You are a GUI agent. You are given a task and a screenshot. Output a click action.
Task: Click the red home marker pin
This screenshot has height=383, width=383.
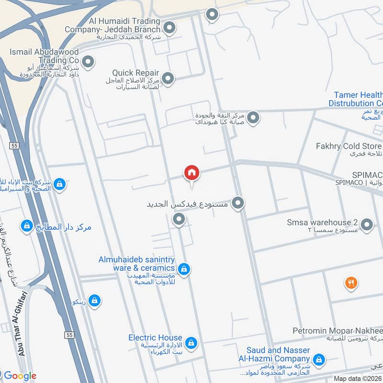191,173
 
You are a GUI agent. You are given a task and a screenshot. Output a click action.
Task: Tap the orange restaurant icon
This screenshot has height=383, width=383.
351,283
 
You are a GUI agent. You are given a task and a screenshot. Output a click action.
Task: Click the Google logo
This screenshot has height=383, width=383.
20,375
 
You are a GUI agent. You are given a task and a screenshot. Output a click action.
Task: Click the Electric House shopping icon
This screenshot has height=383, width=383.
191,343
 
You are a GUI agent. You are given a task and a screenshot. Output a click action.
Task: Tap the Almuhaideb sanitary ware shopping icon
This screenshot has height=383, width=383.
185,270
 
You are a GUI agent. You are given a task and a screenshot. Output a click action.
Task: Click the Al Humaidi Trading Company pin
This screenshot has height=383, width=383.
168,27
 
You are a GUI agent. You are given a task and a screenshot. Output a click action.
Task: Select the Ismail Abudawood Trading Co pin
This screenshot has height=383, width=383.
88,61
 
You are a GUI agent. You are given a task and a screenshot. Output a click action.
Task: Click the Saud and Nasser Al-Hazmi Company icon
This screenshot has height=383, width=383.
318,359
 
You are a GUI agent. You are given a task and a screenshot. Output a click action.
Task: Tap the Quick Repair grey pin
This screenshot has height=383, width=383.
168,78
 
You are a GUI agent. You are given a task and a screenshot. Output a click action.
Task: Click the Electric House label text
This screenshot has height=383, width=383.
155,338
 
